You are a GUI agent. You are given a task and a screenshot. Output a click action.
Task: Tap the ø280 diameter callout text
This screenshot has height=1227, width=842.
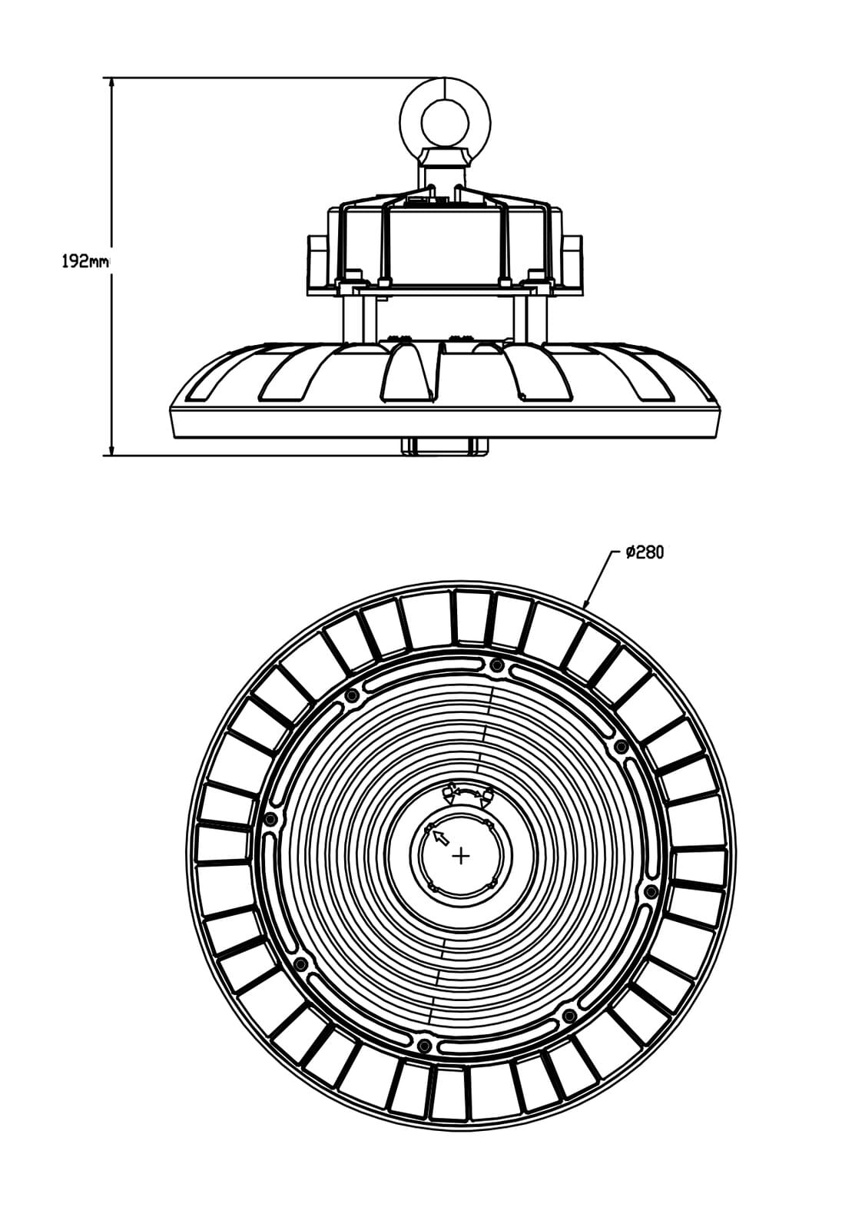pos(644,552)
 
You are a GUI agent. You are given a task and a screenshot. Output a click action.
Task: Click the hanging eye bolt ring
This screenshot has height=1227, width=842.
pos(444,121)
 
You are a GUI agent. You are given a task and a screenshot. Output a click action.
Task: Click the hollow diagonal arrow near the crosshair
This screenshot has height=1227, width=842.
pos(440,836)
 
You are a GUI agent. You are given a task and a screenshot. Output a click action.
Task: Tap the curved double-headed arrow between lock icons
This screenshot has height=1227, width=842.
pos(468,791)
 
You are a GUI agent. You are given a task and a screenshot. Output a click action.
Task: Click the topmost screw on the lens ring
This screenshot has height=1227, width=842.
pos(496,666)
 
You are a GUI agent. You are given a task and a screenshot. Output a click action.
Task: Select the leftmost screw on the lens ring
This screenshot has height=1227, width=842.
pos(269,819)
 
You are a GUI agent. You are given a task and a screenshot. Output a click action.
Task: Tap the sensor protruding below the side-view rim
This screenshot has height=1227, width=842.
pos(444,446)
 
